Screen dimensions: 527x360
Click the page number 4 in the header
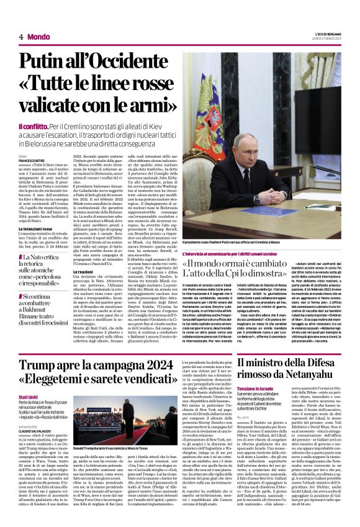[20, 37]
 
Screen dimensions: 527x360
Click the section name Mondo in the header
[38, 37]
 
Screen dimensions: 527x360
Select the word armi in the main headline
[146, 106]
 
